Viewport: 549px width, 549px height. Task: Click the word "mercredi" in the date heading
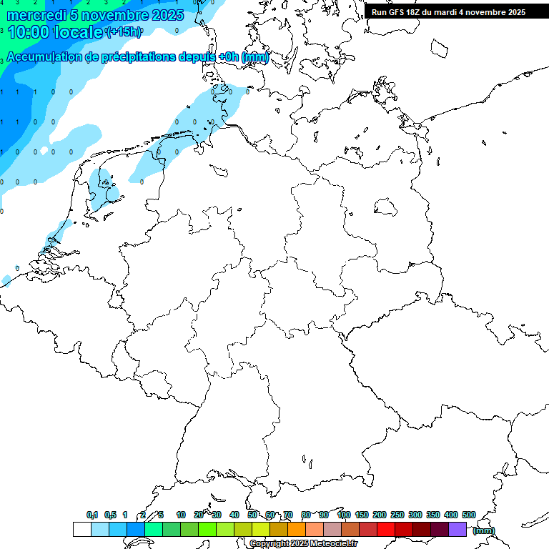(31, 15)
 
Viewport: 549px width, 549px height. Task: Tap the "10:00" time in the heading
(26, 33)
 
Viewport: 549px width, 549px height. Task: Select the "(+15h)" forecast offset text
(124, 32)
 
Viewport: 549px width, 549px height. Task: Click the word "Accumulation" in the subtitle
(47, 57)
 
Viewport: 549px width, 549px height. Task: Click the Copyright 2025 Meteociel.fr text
(303, 543)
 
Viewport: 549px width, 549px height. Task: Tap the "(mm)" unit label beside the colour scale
(484, 530)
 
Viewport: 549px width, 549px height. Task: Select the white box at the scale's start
(81, 529)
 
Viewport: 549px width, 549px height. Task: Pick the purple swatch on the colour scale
(457, 529)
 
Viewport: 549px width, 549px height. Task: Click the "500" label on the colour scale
(469, 515)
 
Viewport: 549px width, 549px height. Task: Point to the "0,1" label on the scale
(92, 515)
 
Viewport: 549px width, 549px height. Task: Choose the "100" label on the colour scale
(344, 515)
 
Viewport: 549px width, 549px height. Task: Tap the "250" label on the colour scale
(397, 515)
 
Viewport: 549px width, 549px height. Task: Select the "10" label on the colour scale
(181, 515)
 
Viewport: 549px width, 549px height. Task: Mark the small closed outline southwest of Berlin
(386, 207)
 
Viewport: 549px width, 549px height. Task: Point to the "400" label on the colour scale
(451, 515)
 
